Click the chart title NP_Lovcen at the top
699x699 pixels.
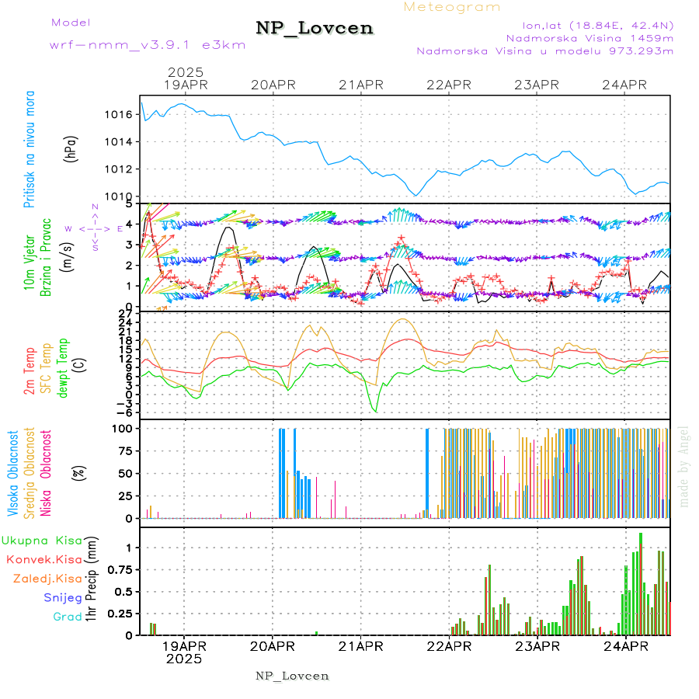click(315, 29)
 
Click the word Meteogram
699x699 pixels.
click(452, 7)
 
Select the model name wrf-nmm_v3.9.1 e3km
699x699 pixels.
click(148, 45)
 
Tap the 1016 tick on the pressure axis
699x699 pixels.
click(116, 114)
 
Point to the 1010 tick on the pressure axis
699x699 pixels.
click(116, 196)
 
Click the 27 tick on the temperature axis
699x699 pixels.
click(124, 313)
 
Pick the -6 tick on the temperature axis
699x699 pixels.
click(122, 412)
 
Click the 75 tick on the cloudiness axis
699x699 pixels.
click(123, 450)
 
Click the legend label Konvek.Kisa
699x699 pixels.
click(43, 559)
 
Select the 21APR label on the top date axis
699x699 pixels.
click(361, 85)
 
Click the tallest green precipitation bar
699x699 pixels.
click(641, 583)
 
